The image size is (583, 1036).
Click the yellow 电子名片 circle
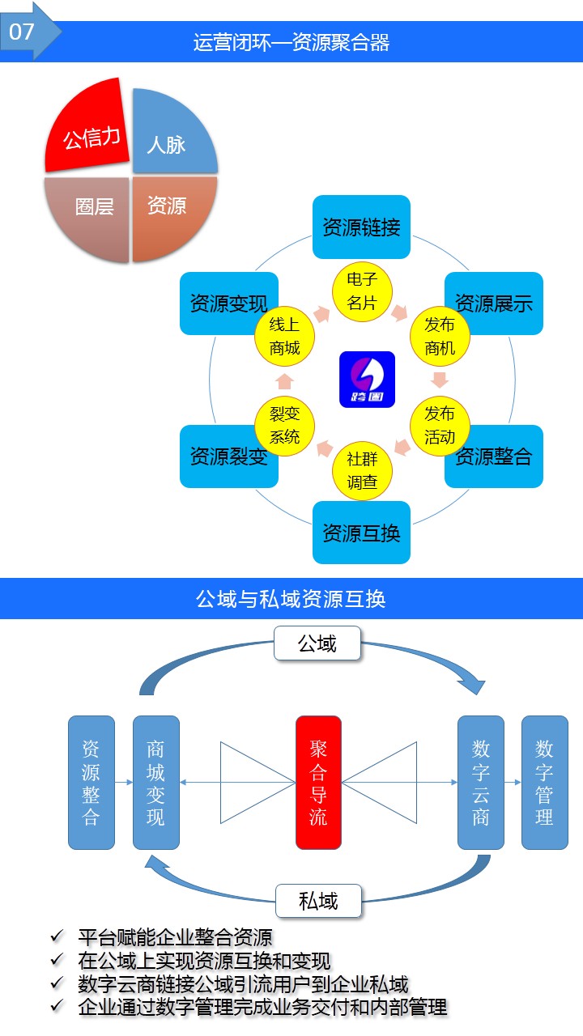[x=361, y=291]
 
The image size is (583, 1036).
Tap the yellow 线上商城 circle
[x=284, y=337]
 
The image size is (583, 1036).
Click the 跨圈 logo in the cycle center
[x=367, y=379]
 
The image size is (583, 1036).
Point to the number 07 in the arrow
[x=22, y=32]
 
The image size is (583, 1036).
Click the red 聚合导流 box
[x=318, y=782]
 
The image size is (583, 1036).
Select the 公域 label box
[x=317, y=644]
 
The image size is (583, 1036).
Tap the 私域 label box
[x=318, y=901]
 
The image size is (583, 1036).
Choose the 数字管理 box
[x=544, y=782]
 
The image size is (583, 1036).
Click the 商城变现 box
[x=155, y=782]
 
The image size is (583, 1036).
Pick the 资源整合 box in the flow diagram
[x=91, y=782]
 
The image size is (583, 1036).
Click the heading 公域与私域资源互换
[x=291, y=599]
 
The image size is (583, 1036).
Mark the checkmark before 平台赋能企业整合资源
[x=57, y=937]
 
